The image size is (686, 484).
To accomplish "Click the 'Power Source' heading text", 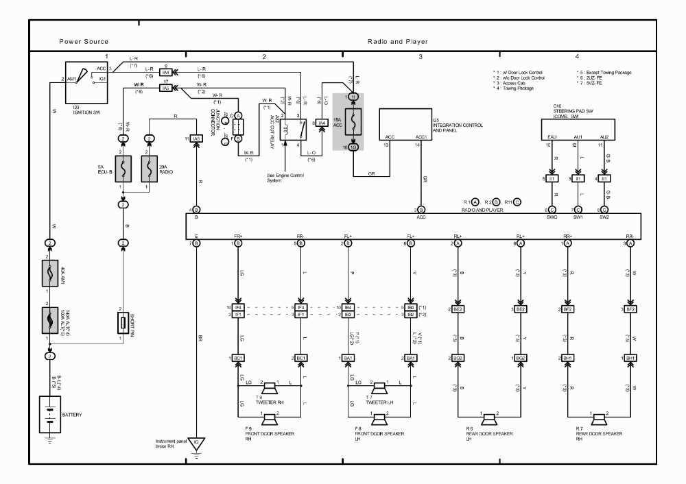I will coord(83,42).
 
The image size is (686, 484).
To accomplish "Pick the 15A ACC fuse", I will coord(353,121).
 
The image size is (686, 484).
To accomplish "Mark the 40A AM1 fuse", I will coord(49,273).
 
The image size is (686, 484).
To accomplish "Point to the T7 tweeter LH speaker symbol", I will coord(379,386).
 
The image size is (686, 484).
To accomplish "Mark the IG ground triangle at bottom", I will coord(197,442).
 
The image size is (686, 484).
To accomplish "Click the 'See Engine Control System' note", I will coord(285,177).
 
